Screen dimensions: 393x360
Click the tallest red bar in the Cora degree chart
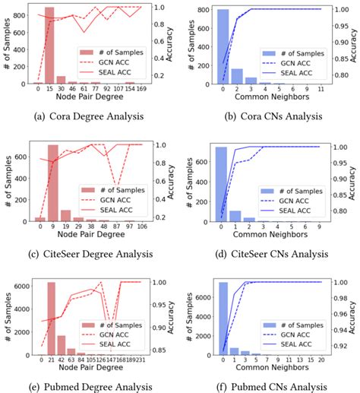(x=49, y=46)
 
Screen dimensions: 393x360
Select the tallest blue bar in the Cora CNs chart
(x=223, y=46)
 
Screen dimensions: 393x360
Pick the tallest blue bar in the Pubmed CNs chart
(x=223, y=319)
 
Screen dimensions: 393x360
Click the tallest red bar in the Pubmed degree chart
(x=51, y=319)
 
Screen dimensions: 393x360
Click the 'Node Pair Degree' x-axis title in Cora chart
(x=86, y=98)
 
